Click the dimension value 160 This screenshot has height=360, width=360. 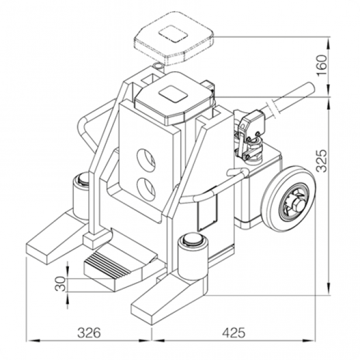pos(321,65)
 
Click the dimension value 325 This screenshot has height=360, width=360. pos(321,161)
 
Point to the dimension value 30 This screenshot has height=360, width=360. pos(61,283)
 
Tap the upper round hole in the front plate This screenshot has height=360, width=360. pos(146,158)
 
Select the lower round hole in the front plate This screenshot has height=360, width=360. pos(146,189)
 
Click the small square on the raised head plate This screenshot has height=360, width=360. pos(174,34)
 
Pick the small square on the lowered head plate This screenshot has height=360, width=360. pos(172,94)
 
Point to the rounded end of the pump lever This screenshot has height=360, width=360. pos(310,88)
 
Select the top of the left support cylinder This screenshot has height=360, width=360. pos(83,179)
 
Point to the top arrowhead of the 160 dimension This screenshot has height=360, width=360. pos(329,43)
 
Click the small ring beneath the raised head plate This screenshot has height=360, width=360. pos(158,65)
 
